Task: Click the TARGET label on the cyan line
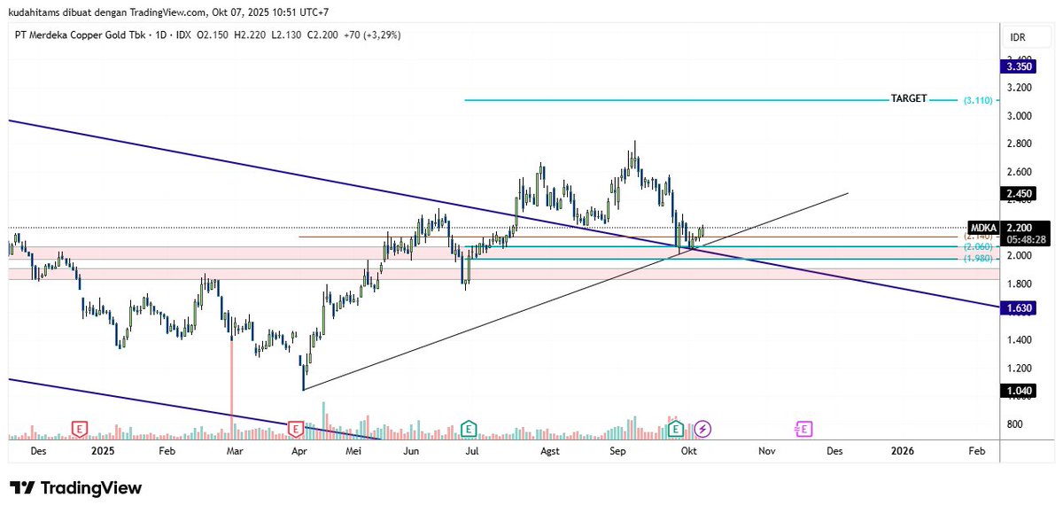[908, 99]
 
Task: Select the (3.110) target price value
[980, 101]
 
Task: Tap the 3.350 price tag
[1016, 66]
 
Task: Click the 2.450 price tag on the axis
[1016, 193]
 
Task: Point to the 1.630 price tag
[1016, 307]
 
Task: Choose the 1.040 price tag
[1016, 389]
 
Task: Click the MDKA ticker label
[983, 227]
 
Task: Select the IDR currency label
[1018, 37]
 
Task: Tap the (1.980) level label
[979, 259]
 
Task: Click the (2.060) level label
[979, 246]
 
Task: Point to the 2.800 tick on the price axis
[1019, 144]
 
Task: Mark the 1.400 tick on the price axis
[1019, 340]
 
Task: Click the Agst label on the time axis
[550, 451]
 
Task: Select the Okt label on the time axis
[686, 451]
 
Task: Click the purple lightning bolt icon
[702, 429]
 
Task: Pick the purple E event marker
[803, 429]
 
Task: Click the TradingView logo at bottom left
[75, 488]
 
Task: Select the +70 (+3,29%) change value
[369, 35]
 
